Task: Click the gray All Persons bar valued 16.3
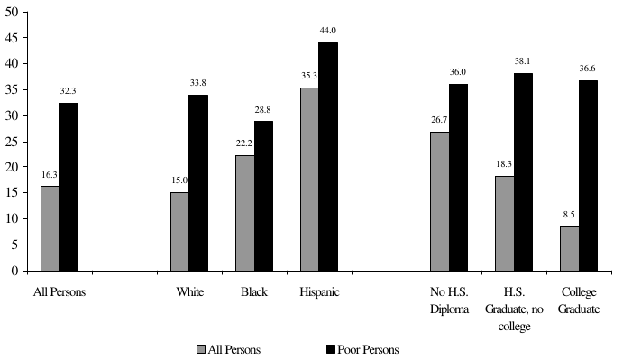[x=50, y=227]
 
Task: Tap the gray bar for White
[x=179, y=231]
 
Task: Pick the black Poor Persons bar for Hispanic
[x=328, y=156]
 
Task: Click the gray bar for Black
[x=244, y=212]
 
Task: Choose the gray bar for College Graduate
[x=569, y=248]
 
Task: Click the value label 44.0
[x=328, y=32]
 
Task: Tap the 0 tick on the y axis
[x=18, y=271]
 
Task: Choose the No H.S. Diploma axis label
[x=449, y=300]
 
